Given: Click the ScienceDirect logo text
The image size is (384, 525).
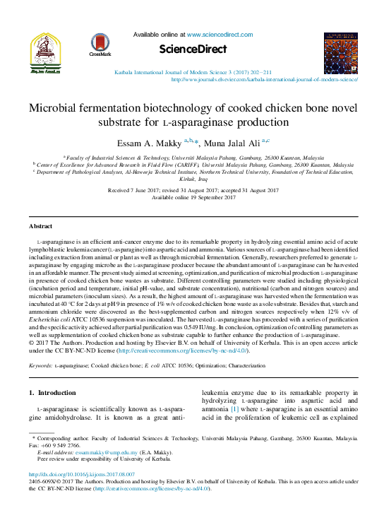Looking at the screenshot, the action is click(193, 49).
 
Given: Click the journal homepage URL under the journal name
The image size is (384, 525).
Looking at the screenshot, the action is click(265, 80).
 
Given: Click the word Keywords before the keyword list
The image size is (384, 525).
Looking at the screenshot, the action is click(40, 365).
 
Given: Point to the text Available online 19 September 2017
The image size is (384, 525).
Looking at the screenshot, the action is click(193, 197).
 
